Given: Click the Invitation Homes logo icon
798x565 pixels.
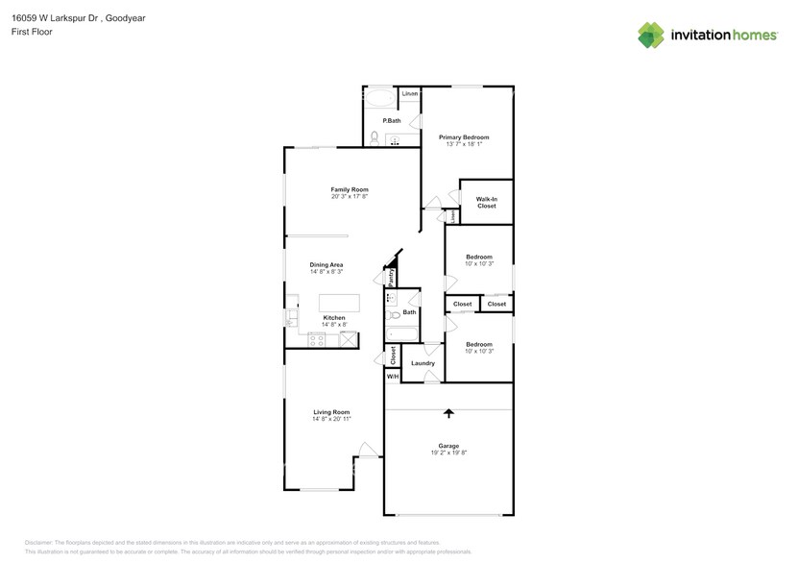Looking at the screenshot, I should pyautogui.click(x=651, y=35).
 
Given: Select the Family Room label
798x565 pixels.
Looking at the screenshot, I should pyautogui.click(x=350, y=189).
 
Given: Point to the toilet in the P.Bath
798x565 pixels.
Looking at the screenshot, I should pyautogui.click(x=374, y=137).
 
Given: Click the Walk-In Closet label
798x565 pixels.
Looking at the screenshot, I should pyautogui.click(x=487, y=202).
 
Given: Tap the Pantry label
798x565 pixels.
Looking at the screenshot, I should pyautogui.click(x=391, y=277).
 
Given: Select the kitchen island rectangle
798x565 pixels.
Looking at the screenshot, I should pyautogui.click(x=340, y=303).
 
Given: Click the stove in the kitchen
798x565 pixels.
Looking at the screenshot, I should pyautogui.click(x=317, y=339).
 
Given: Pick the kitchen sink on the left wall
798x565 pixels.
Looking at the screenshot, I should pyautogui.click(x=289, y=318).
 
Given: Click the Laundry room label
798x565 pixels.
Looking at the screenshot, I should pyautogui.click(x=423, y=363).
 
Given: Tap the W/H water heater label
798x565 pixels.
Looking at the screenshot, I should pyautogui.click(x=392, y=376).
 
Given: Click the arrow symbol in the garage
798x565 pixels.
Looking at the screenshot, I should pyautogui.click(x=448, y=414).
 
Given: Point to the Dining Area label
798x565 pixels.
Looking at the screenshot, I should pyautogui.click(x=326, y=264).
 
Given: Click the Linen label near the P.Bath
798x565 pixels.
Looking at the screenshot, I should pyautogui.click(x=410, y=93).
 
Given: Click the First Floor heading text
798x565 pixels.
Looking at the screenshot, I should pyautogui.click(x=33, y=32).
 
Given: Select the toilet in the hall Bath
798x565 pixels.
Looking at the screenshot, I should pyautogui.click(x=392, y=314).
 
